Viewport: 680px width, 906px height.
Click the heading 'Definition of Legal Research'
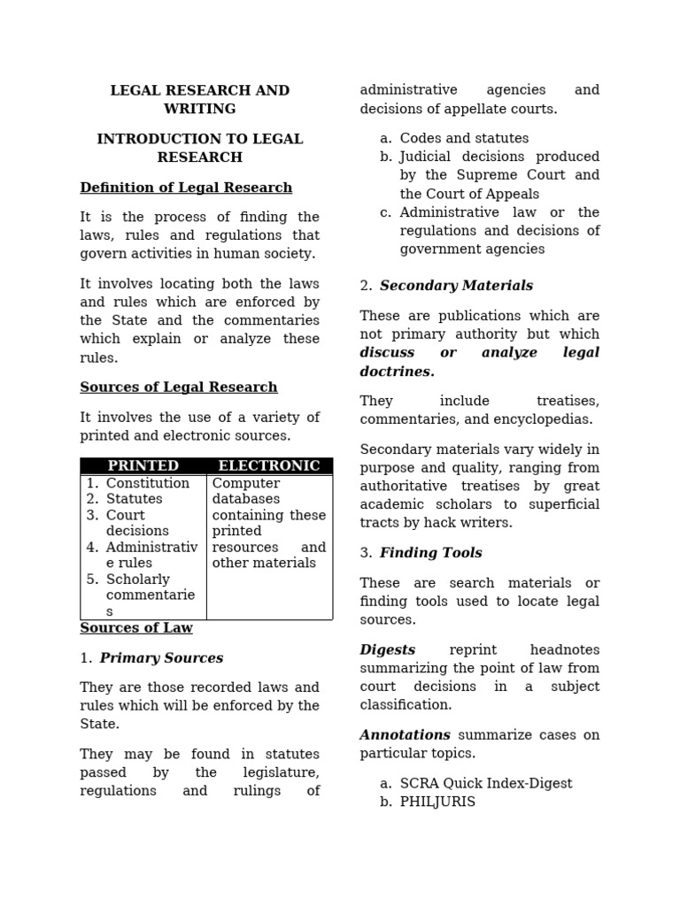pos(186,188)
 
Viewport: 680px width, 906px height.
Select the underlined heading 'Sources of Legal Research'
pos(179,388)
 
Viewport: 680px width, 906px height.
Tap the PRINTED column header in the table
pos(143,465)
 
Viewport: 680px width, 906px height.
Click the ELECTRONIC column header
pos(269,465)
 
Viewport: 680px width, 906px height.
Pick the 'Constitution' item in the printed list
pos(148,483)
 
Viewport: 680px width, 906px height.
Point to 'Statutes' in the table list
pos(135,499)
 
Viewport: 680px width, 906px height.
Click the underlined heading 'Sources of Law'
pos(136,628)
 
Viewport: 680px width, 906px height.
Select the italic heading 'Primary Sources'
pos(161,658)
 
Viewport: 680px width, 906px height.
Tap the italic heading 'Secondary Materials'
pos(456,286)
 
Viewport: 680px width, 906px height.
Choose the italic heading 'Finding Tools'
pos(431,553)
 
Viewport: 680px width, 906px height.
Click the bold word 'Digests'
pos(387,649)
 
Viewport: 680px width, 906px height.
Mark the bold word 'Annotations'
pos(405,734)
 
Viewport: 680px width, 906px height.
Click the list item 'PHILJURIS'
pos(437,802)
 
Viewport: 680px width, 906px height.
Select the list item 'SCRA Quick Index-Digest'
pos(486,783)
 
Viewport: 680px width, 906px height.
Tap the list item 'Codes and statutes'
pos(464,138)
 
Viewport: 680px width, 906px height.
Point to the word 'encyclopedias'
pos(547,419)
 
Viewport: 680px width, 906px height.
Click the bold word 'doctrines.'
pos(397,372)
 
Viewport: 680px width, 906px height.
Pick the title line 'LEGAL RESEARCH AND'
pos(200,90)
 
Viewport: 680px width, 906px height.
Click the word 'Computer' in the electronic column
pos(245,483)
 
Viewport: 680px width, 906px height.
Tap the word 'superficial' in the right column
pos(562,504)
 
